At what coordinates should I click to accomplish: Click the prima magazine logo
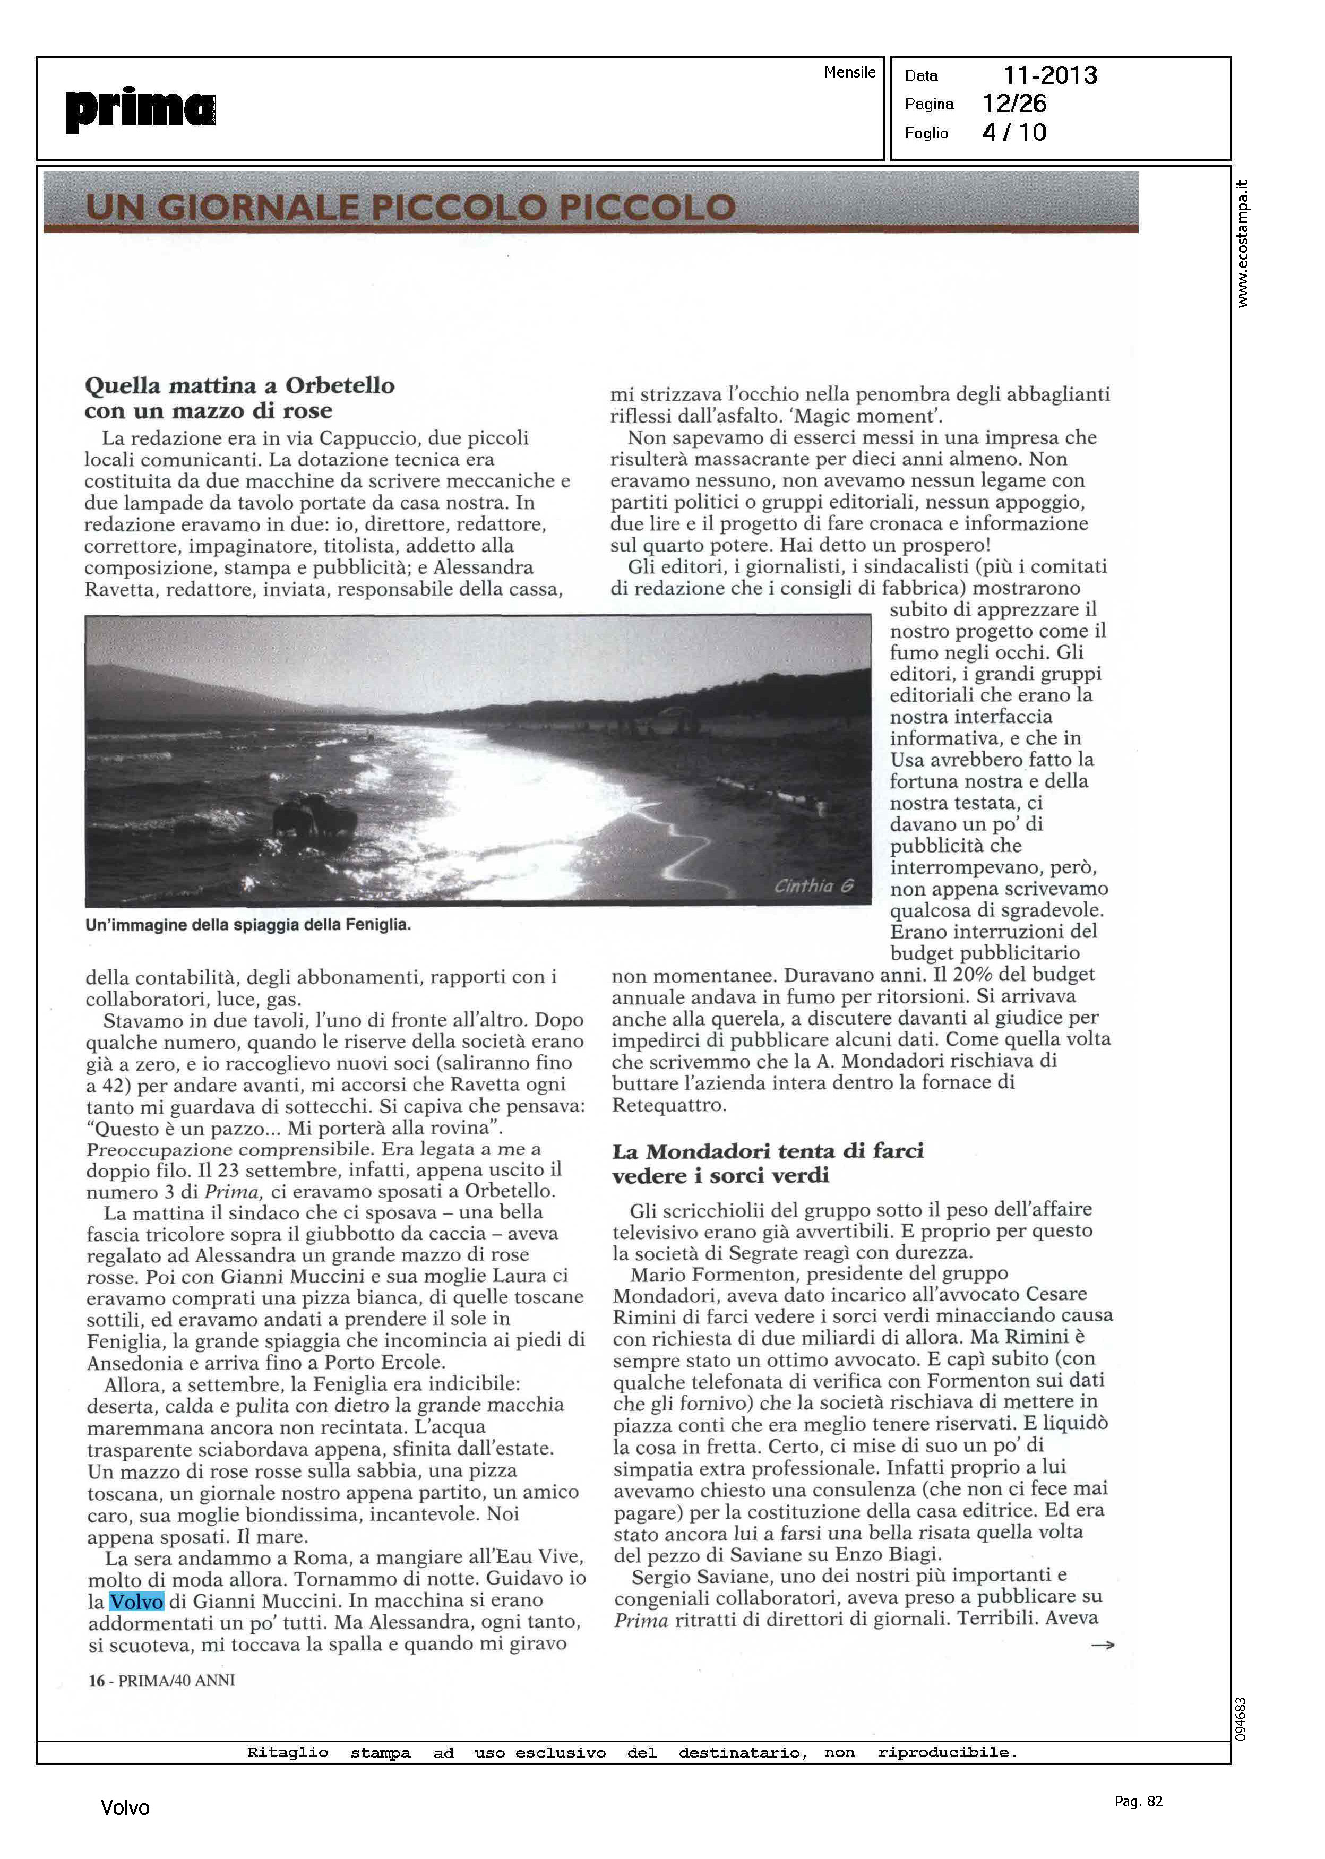(140, 109)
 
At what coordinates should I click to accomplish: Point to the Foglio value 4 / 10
(1014, 132)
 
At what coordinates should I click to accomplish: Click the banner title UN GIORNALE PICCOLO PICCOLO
(410, 207)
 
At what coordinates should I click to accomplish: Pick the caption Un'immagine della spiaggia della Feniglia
(248, 925)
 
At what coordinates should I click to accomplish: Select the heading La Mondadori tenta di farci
(768, 1151)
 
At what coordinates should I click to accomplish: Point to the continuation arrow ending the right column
(1102, 1645)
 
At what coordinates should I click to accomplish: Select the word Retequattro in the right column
(668, 1105)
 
